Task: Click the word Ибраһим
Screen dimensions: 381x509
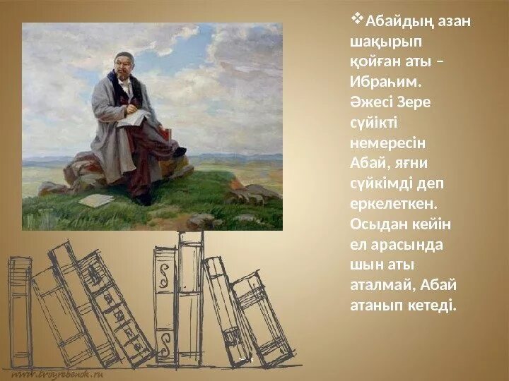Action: tap(382, 82)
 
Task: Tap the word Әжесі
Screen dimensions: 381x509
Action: tap(369, 102)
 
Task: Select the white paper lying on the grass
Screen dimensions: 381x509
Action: tap(95, 200)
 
